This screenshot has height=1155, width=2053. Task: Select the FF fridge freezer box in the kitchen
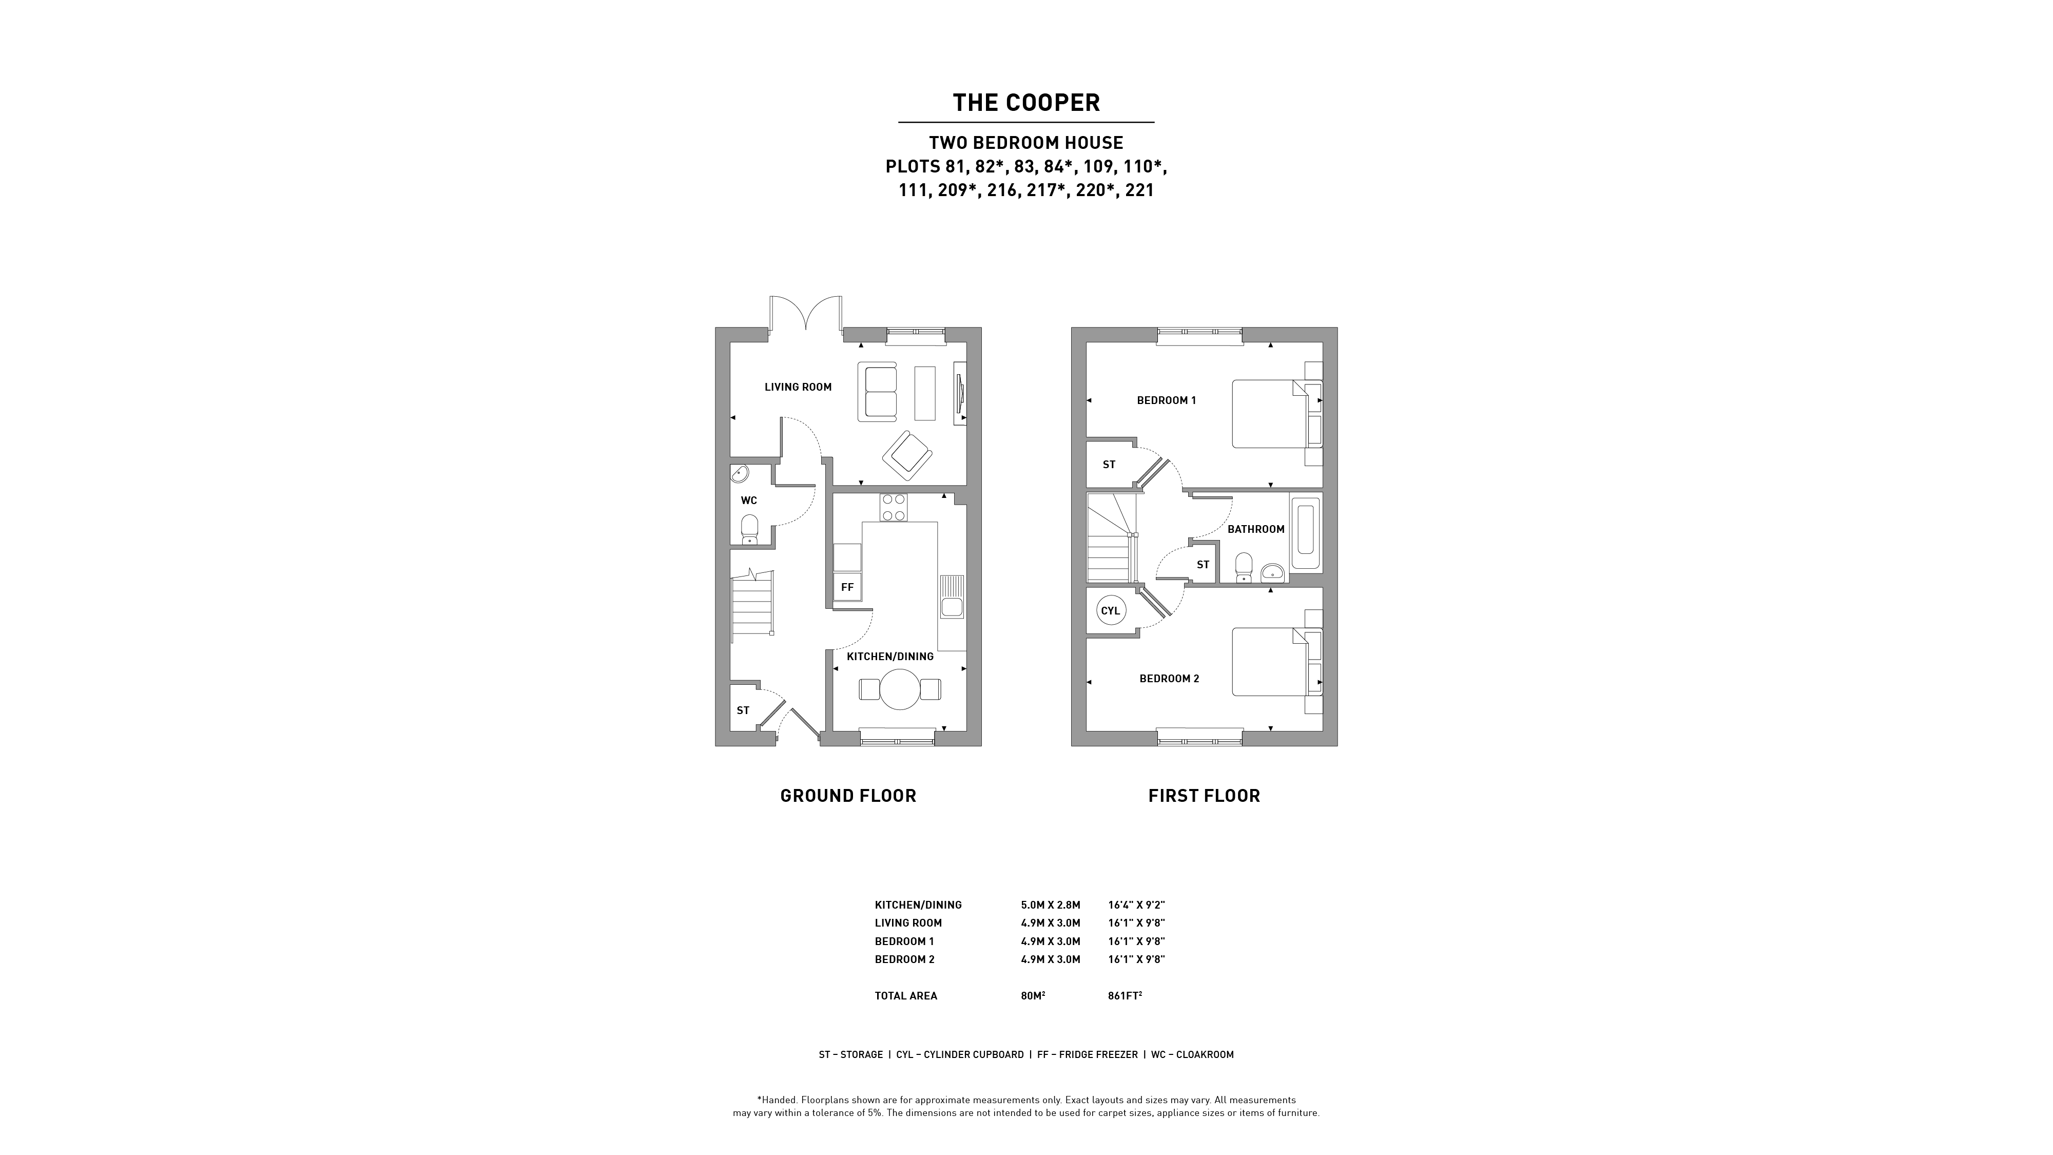pyautogui.click(x=847, y=587)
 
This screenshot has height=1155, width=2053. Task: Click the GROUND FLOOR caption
pyautogui.click(x=848, y=796)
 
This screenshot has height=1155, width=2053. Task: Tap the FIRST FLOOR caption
pyautogui.click(x=1204, y=796)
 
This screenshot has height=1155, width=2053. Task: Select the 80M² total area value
pyautogui.click(x=1033, y=995)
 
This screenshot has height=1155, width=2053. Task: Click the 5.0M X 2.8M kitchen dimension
pyautogui.click(x=1051, y=904)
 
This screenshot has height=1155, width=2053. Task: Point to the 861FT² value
pyautogui.click(x=1125, y=995)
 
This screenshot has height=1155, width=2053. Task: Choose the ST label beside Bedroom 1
pyautogui.click(x=1109, y=465)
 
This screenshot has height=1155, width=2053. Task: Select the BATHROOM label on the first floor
pyautogui.click(x=1256, y=529)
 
